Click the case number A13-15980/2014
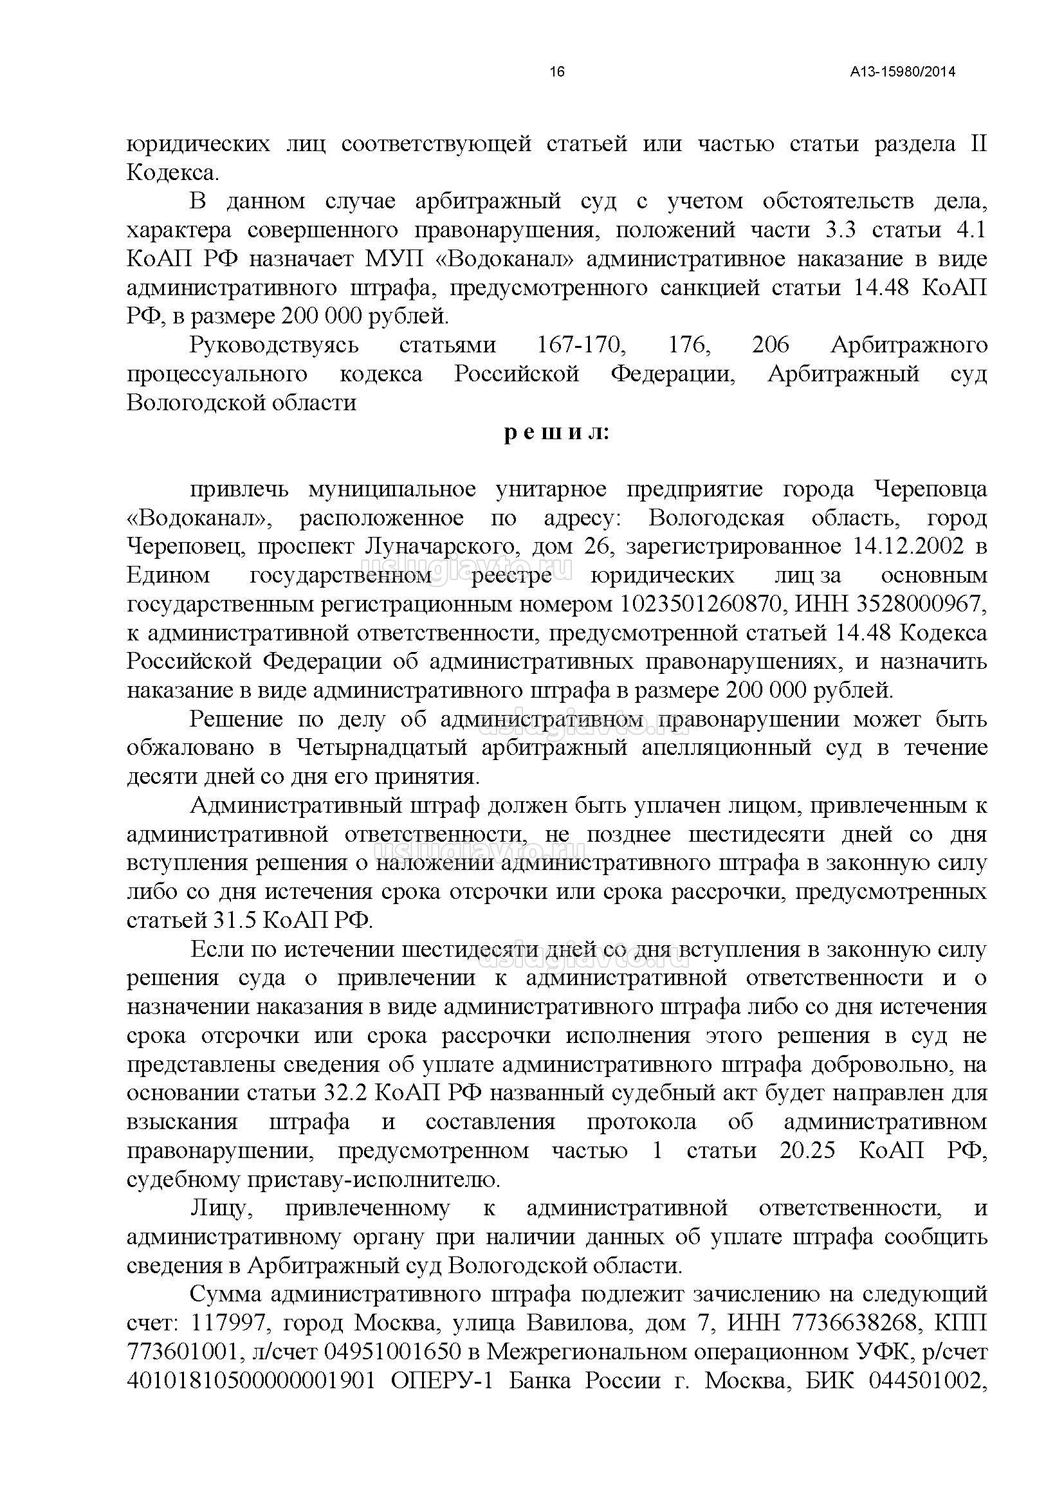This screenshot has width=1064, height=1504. click(x=903, y=72)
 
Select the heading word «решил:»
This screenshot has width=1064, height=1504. click(x=557, y=433)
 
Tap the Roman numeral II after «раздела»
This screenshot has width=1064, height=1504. click(x=978, y=144)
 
